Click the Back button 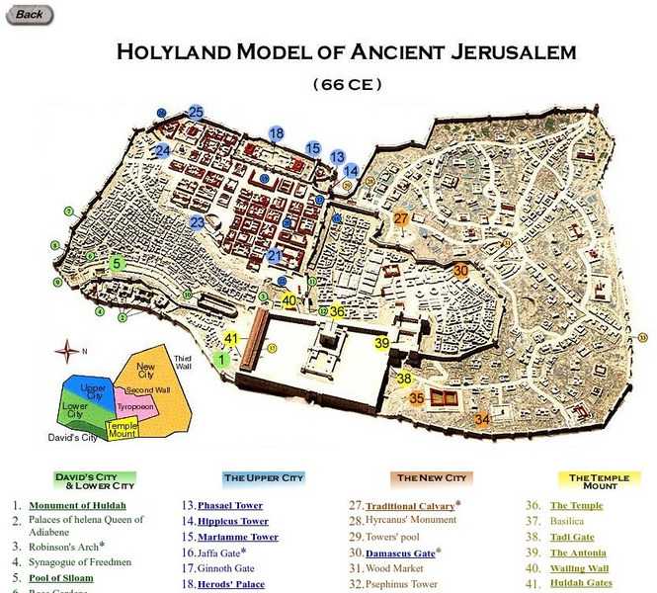point(29,14)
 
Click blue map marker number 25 point(196,113)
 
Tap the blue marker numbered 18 point(276,133)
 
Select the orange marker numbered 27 point(401,218)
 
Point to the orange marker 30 point(460,270)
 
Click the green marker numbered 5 point(118,264)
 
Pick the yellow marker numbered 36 point(337,311)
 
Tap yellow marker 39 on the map point(382,343)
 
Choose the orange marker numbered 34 point(482,419)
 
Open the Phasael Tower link point(229,505)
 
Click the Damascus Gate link point(399,552)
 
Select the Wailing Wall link point(579,568)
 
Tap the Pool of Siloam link point(60,577)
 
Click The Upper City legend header point(263,478)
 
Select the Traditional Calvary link point(410,505)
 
